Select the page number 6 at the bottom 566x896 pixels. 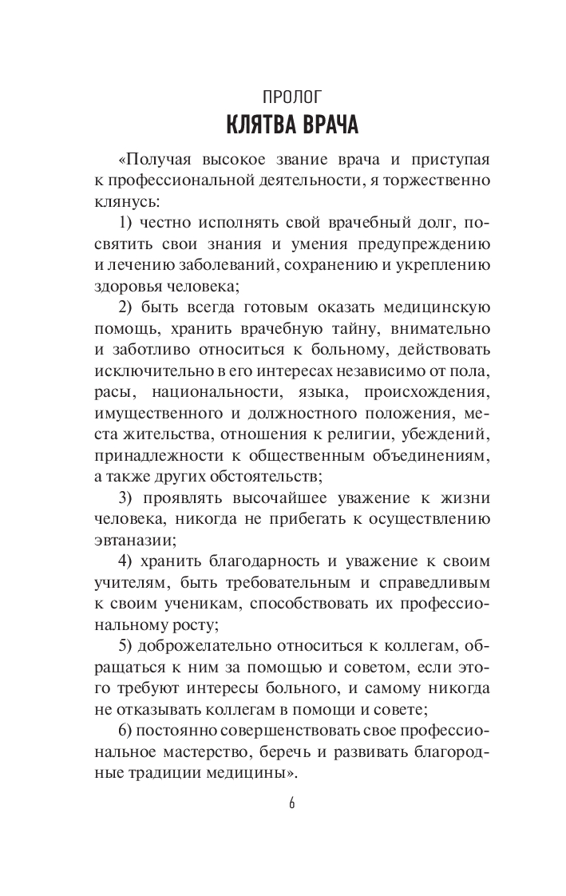292,803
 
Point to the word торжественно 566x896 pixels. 441,180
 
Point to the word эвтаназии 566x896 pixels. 112,539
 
